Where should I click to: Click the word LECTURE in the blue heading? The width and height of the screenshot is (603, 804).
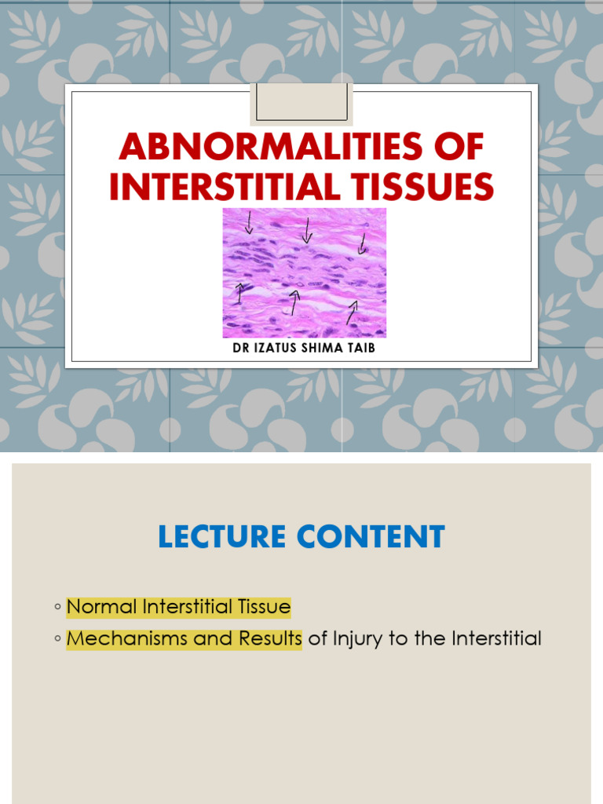tap(223, 538)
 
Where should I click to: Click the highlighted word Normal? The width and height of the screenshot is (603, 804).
tap(99, 607)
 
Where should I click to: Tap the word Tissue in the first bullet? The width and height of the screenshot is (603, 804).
tap(263, 607)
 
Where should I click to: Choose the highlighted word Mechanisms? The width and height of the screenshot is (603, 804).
tap(127, 639)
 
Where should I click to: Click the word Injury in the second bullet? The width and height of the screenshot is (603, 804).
tap(358, 639)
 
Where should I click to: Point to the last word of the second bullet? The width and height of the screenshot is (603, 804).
tap(496, 639)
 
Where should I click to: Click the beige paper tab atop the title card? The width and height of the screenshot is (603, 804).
tap(301, 104)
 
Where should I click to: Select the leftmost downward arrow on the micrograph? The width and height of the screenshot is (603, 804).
tap(249, 223)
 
